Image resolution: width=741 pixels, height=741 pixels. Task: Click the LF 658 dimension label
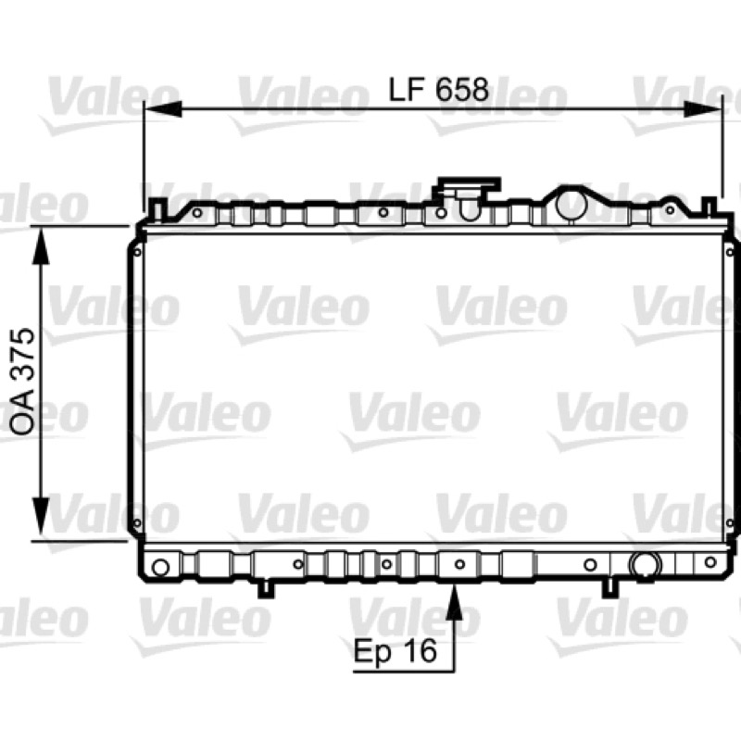pos(438,89)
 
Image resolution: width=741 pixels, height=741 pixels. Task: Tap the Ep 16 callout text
pos(396,651)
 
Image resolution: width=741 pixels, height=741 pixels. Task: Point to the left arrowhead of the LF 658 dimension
pos(163,109)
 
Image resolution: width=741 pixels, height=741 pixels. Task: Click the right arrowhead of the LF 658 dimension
pos(703,110)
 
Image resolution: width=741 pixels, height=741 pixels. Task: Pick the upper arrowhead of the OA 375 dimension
pos(41,245)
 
